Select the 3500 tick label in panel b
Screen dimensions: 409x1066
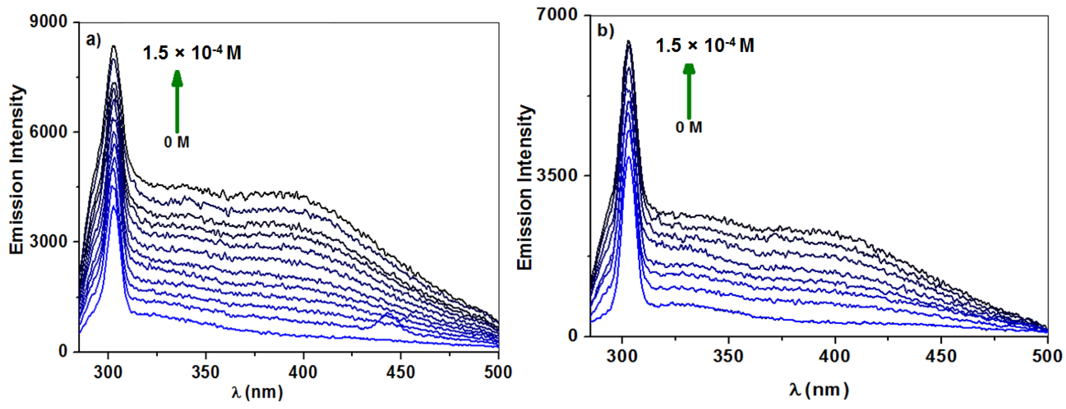click(x=557, y=175)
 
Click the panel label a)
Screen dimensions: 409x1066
click(x=93, y=40)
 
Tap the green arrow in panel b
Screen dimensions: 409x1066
click(x=689, y=91)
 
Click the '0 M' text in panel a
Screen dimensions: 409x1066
click(x=177, y=142)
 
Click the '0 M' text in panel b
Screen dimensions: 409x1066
click(x=689, y=127)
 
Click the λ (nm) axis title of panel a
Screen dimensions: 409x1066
click(x=257, y=392)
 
